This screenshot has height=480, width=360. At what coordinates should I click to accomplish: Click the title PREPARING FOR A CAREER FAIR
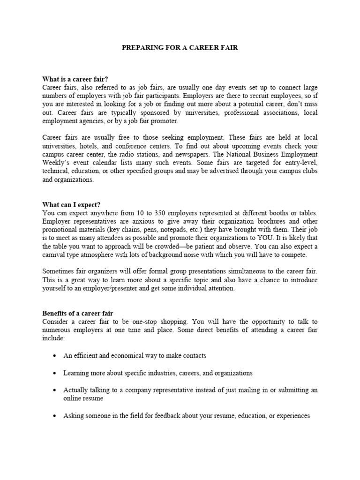click(x=180, y=48)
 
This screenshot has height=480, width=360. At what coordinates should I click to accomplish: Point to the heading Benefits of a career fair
click(x=78, y=313)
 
